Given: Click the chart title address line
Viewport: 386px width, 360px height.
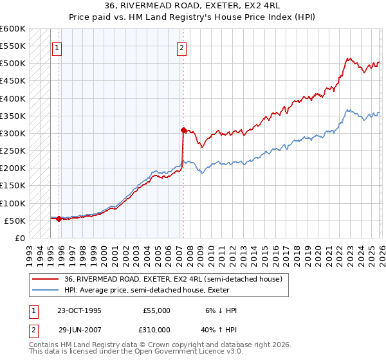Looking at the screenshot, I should coord(192,6).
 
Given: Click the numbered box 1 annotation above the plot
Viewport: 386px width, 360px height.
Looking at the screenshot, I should coord(57,47).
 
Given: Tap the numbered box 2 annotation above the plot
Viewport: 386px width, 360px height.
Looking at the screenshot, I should coord(182,47).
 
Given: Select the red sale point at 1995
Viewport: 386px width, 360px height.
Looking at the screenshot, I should coord(59,219).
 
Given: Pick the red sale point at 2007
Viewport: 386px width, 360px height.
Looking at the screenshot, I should coord(183,130).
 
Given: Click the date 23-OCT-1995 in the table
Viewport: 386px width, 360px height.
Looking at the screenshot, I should coord(79,310).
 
